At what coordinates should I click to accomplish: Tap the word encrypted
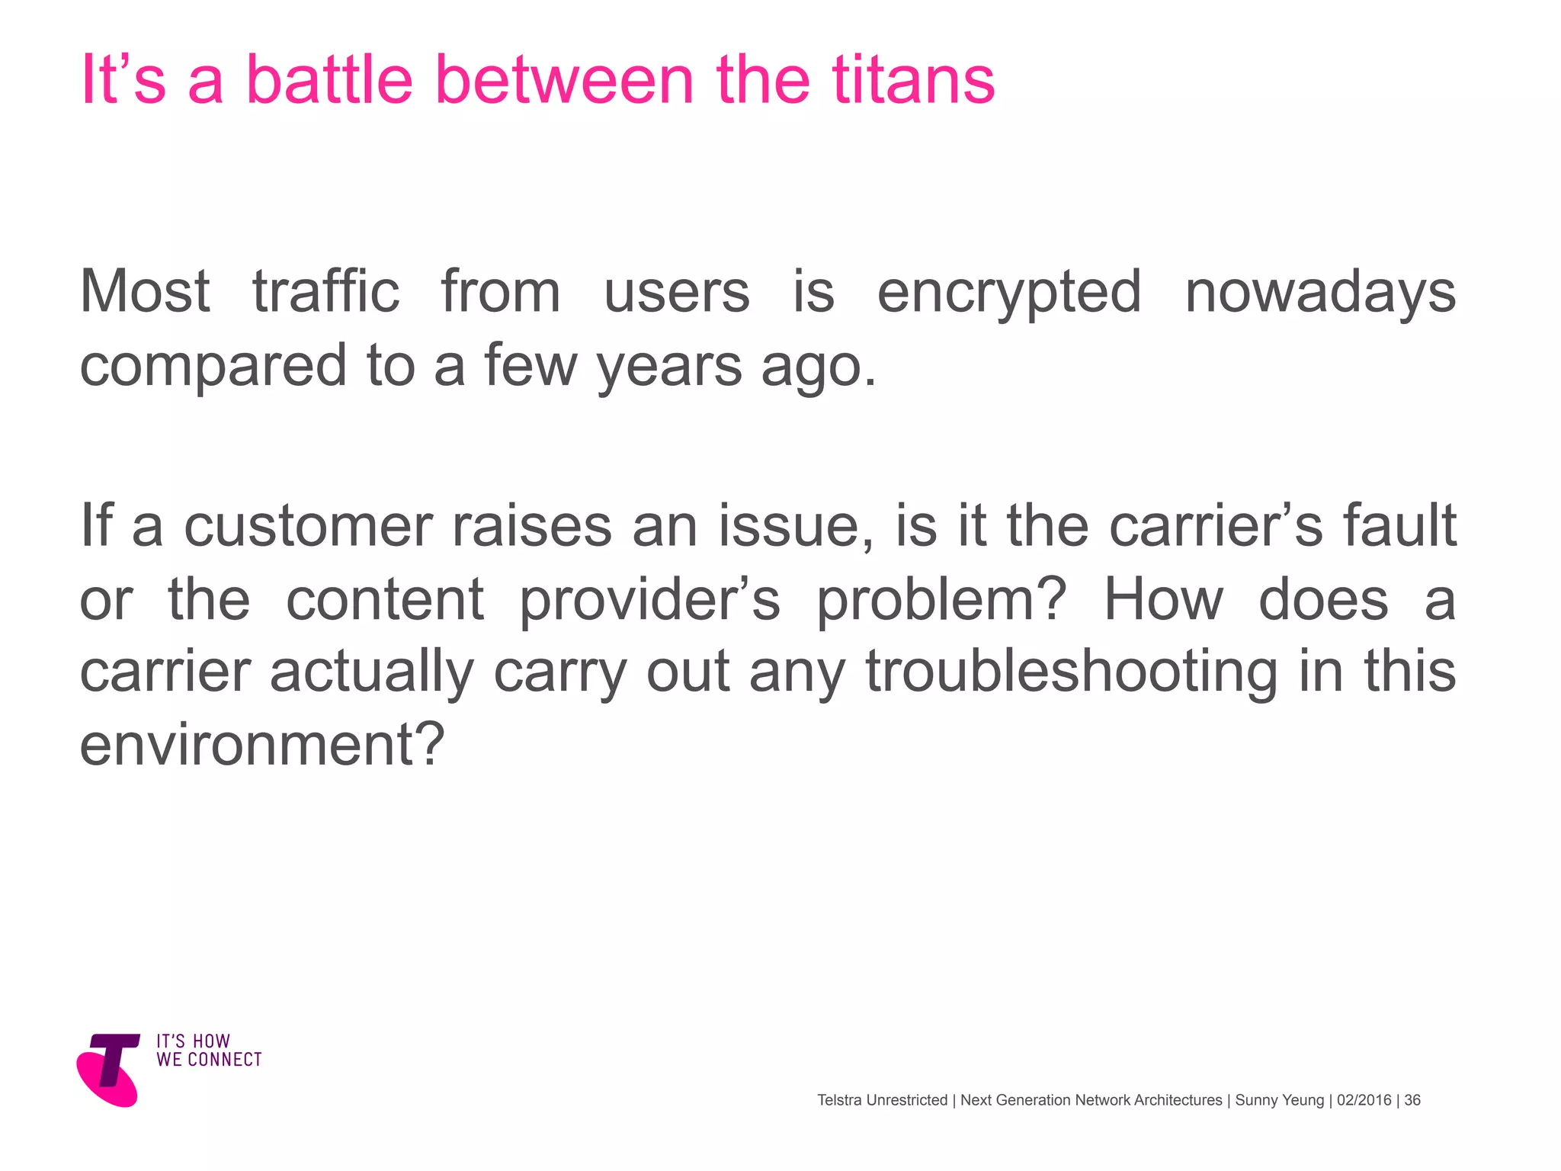pos(1009,293)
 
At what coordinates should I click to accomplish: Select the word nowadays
pos(1320,293)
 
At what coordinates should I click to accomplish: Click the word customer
pos(308,526)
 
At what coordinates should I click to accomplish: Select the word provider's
pos(649,600)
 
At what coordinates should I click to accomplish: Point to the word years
pos(669,366)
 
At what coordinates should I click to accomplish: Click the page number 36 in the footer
pos(1412,1100)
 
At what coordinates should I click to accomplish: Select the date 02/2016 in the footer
pos(1364,1100)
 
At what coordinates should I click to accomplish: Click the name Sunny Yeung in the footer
pos(1280,1100)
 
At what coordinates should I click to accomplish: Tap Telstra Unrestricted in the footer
pos(882,1100)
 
